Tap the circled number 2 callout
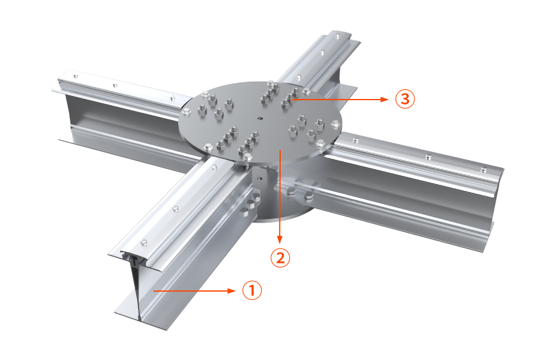coord(280,257)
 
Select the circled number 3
coord(404,99)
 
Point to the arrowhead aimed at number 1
coord(232,291)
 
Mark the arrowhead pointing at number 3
coord(385,99)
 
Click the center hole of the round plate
coord(260,119)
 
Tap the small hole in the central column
coord(260,179)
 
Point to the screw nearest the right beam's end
coord(484,169)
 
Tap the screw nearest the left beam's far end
coord(76,76)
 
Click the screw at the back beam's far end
coord(337,36)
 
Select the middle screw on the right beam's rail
coord(428,157)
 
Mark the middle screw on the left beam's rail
coord(115,85)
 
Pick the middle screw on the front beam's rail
coord(176,208)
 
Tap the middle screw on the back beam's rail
coord(322,53)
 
